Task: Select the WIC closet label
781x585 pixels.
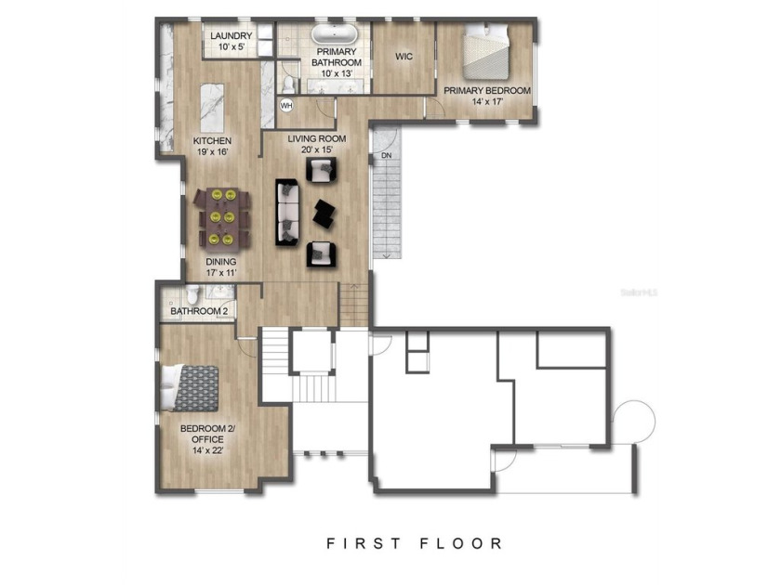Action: click(404, 57)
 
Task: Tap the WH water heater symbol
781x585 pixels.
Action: click(286, 105)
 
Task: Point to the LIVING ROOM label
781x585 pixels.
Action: click(316, 144)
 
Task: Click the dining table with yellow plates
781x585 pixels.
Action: click(223, 217)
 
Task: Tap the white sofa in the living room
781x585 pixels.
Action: click(287, 213)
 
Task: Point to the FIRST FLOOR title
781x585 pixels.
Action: click(414, 543)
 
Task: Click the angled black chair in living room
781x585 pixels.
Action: click(325, 213)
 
